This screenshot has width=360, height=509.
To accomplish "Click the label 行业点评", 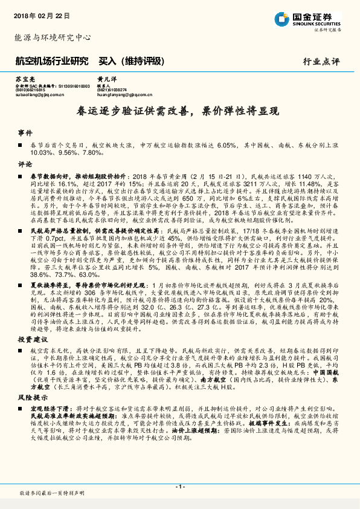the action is (321, 62).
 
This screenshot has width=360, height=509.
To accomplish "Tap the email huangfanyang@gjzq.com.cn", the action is (124, 94).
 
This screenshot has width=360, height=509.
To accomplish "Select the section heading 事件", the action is (25, 132).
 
